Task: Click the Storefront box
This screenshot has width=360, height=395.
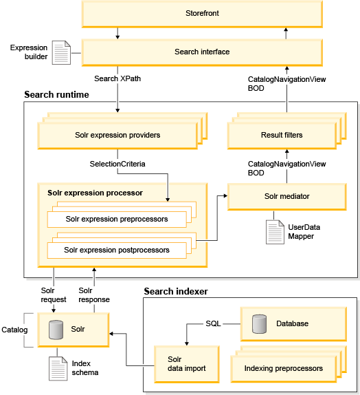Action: [x=202, y=14]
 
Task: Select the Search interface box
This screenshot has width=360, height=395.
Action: [x=202, y=52]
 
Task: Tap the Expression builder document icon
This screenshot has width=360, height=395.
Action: [x=61, y=53]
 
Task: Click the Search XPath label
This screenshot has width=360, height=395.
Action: [x=117, y=78]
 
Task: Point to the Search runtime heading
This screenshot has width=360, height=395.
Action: [x=56, y=94]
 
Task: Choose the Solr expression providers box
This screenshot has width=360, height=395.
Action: [x=117, y=136]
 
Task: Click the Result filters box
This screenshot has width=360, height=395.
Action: [x=282, y=136]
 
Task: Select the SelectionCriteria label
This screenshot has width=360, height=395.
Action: [x=117, y=164]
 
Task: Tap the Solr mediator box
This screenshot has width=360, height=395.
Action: [x=286, y=197]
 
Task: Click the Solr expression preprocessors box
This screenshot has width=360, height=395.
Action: [x=117, y=219]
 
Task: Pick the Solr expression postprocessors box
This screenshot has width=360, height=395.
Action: [x=117, y=250]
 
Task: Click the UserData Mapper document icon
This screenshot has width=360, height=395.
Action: [x=275, y=232]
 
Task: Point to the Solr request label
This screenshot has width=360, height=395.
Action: [x=54, y=295]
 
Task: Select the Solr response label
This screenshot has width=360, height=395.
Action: [x=94, y=295]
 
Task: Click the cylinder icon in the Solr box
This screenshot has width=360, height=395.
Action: [x=56, y=330]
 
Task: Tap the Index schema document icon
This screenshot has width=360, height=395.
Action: [x=58, y=369]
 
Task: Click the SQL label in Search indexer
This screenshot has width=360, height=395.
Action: [x=213, y=323]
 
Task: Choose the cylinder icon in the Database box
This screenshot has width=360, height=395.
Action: [x=259, y=324]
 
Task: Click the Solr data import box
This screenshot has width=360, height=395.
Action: [x=187, y=364]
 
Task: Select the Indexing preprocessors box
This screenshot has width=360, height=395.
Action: [x=284, y=369]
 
